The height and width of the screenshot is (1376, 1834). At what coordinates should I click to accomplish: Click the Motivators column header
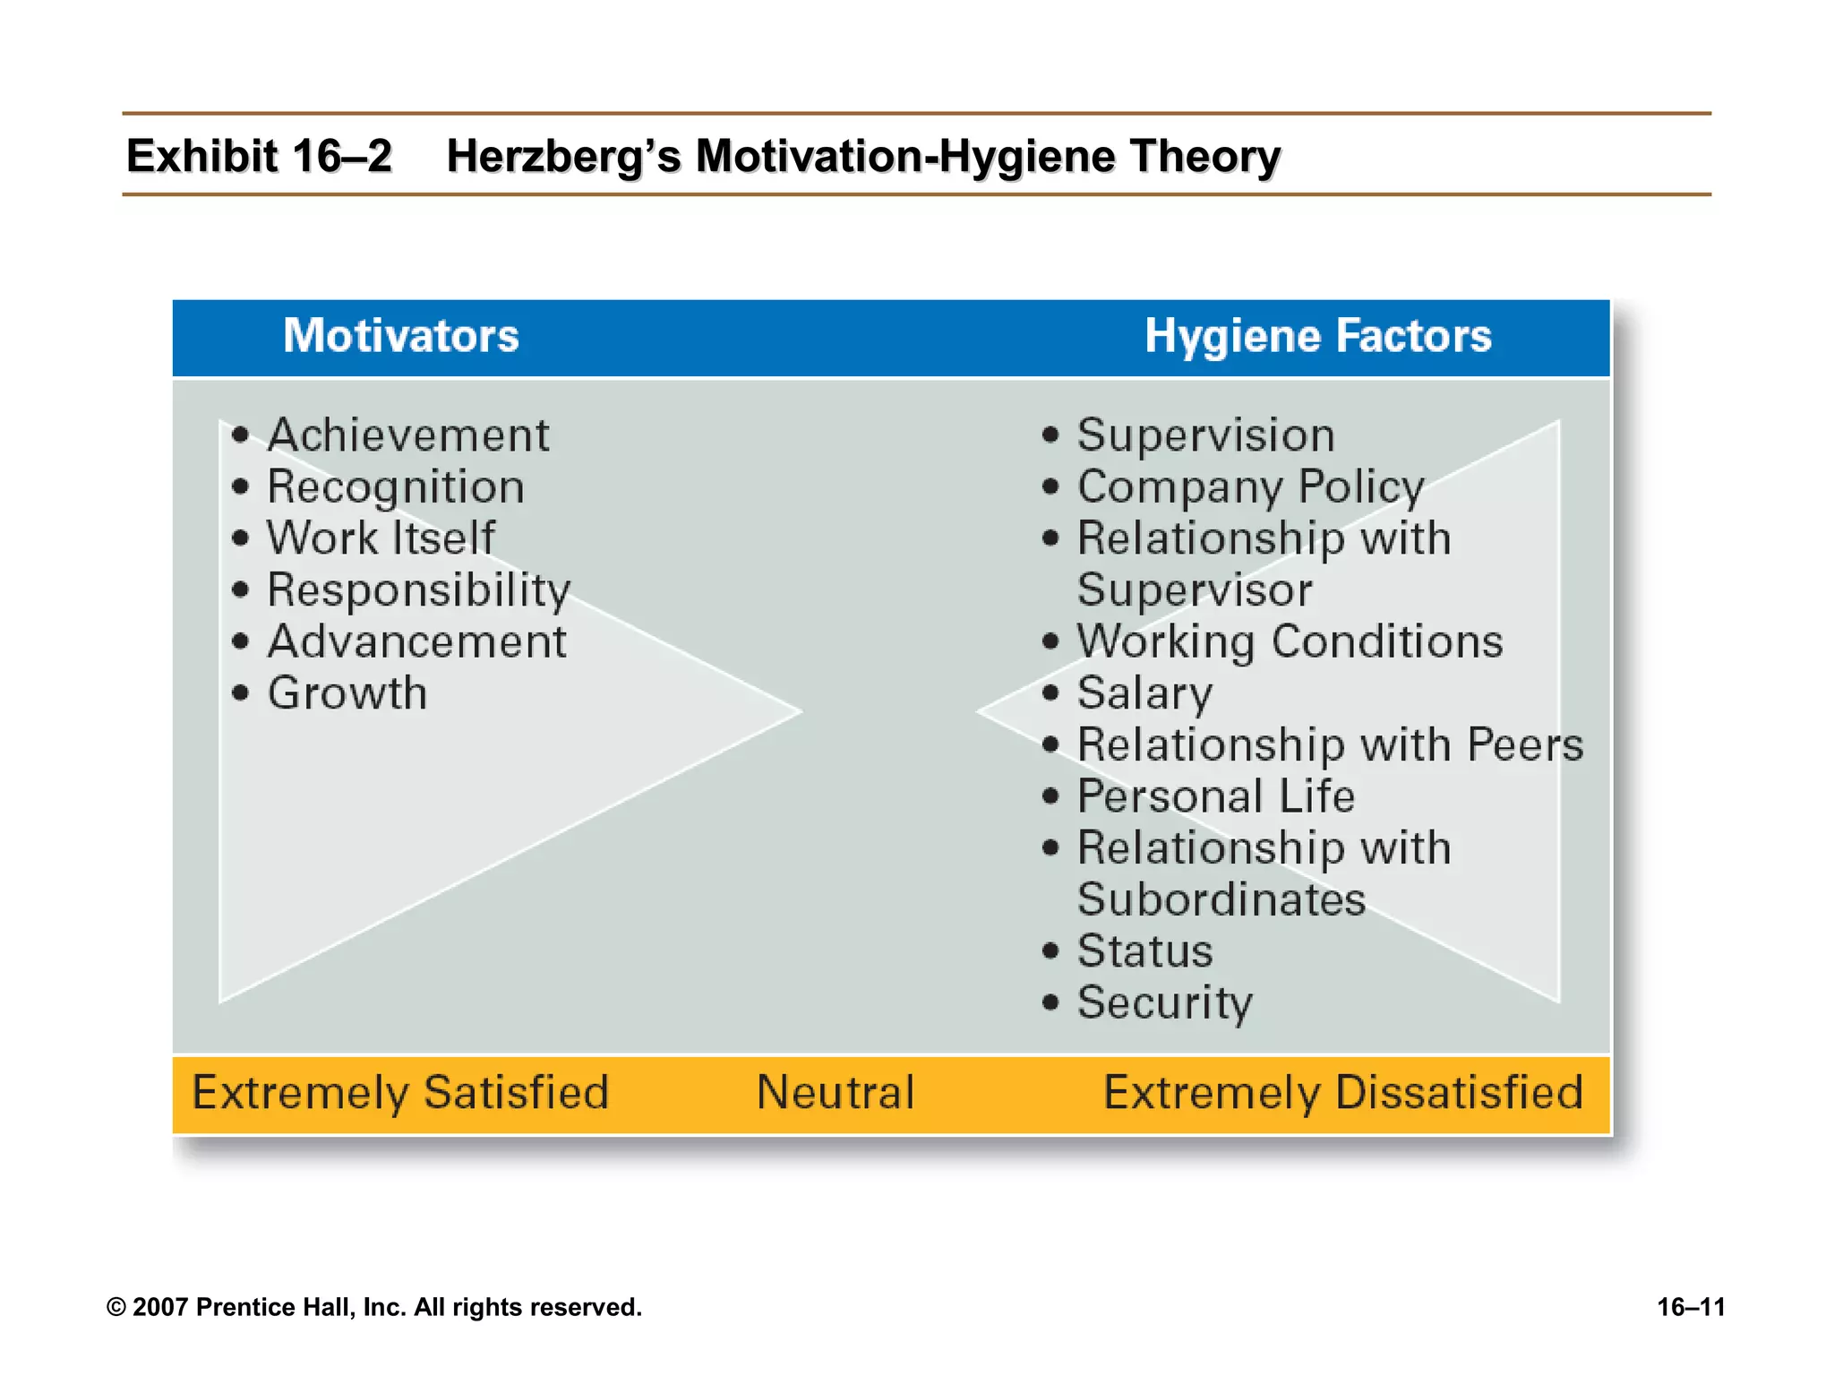400,336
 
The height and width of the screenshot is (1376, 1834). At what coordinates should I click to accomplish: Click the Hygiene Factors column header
1317,336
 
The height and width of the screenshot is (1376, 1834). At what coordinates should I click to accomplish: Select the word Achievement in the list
408,435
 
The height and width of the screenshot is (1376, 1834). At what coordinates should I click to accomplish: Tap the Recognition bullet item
395,487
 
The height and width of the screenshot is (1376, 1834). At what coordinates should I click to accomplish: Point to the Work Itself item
381,538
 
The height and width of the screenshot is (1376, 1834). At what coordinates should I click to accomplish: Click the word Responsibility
418,590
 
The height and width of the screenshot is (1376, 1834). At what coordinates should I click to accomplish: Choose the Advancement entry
416,641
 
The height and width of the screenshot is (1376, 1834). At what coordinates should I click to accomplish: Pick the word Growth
347,693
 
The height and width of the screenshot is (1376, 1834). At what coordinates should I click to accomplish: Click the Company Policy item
1250,487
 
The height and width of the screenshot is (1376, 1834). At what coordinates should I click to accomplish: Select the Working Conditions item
1290,641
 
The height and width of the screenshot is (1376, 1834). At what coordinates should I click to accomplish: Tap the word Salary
1144,693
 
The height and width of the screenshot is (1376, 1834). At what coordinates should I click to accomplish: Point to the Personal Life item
1215,796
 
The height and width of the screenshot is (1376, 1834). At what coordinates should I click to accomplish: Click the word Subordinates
1221,899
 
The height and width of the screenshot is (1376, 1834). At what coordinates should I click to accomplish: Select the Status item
1144,950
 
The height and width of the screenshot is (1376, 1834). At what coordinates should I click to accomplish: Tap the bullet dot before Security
1050,1002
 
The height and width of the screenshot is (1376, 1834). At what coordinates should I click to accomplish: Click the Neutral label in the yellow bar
835,1093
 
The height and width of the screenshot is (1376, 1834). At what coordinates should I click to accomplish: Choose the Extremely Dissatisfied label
1342,1093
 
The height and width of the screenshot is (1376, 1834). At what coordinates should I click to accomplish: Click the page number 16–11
1690,1307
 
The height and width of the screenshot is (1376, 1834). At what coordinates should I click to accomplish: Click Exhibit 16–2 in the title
259,156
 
